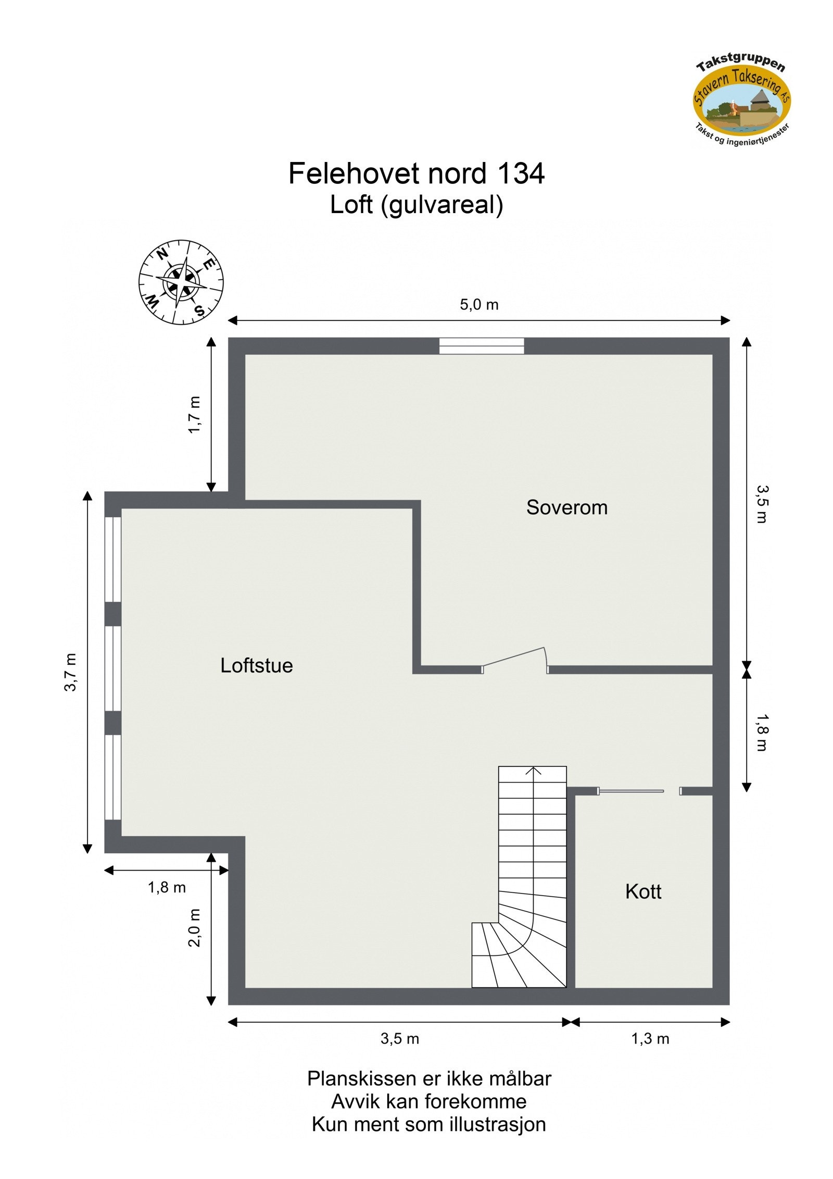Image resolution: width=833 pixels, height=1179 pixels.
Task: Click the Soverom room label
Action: coord(566,507)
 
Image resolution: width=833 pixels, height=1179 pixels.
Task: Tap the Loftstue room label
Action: coord(256,665)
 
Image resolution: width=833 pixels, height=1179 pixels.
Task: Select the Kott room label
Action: coord(643,891)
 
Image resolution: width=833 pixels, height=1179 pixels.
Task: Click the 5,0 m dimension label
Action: coord(479,305)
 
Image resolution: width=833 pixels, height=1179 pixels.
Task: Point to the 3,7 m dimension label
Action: coord(70,672)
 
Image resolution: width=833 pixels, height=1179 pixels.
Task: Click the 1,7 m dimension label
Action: coord(194,415)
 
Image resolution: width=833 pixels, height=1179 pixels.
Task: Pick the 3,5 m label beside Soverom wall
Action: coord(761,504)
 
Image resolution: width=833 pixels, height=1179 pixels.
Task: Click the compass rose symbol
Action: coord(181,282)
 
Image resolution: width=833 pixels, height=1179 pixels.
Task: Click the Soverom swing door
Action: coord(514,658)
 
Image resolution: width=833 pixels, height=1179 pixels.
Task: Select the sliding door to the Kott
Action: coord(630,791)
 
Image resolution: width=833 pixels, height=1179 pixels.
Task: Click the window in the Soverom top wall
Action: coord(481,346)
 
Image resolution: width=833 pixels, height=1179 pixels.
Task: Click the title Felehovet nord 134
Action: coord(416,173)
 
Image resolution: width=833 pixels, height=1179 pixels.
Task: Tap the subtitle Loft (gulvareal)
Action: coord(416,205)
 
